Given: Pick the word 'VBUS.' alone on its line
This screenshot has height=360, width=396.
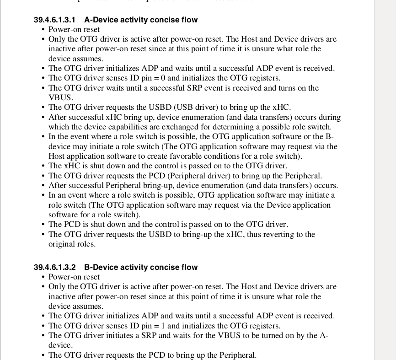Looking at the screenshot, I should click(x=61, y=98).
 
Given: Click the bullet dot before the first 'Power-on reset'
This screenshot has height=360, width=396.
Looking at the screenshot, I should click(x=43, y=30).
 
